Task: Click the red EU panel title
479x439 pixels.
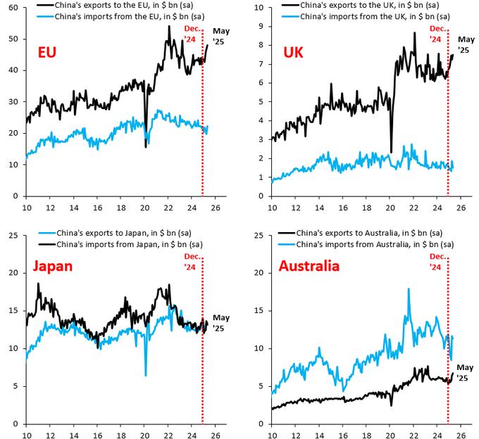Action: pyautogui.click(x=47, y=52)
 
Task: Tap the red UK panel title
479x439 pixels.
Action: pyautogui.click(x=293, y=52)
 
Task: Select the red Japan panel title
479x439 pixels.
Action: pyautogui.click(x=53, y=266)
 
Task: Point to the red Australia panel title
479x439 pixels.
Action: pyautogui.click(x=309, y=266)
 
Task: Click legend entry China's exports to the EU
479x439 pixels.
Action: pyautogui.click(x=124, y=5)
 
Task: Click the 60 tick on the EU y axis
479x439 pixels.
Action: pyautogui.click(x=13, y=8)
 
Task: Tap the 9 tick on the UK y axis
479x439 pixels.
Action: pyautogui.click(x=261, y=27)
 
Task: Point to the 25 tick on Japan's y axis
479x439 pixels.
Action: pyautogui.click(x=13, y=236)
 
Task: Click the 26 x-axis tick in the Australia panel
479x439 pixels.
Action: pyautogui.click(x=461, y=435)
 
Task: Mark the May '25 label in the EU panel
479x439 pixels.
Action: pyautogui.click(x=221, y=37)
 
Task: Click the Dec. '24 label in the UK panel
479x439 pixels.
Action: pyautogui.click(x=437, y=34)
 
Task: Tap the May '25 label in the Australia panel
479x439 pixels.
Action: pyautogui.click(x=465, y=372)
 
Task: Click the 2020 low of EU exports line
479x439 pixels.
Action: pyautogui.click(x=146, y=147)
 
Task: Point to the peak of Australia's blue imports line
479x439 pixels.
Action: pyautogui.click(x=409, y=289)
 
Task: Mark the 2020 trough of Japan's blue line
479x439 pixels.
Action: pyautogui.click(x=146, y=375)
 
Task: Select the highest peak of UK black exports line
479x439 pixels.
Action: pyautogui.click(x=414, y=32)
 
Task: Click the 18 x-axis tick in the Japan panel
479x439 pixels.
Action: pyautogui.click(x=121, y=435)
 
